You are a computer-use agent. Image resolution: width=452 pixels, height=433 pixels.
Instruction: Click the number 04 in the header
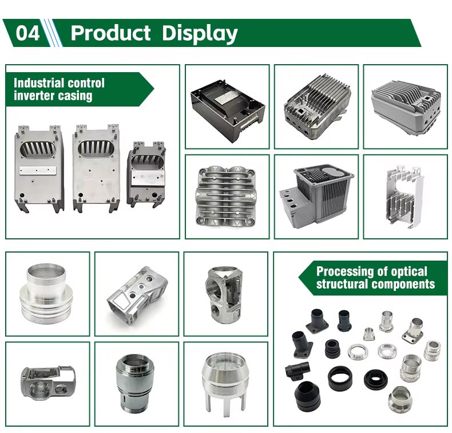(x=27, y=33)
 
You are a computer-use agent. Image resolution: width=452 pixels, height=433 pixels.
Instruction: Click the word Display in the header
(x=200, y=33)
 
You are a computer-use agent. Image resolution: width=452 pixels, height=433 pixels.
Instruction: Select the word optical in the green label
(x=407, y=271)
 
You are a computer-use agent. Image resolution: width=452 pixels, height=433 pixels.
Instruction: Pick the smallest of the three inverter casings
(x=146, y=174)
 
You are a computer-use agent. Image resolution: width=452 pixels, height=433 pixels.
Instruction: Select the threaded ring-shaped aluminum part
(x=47, y=293)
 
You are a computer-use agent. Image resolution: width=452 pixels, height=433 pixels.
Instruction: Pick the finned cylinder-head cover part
(x=226, y=195)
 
